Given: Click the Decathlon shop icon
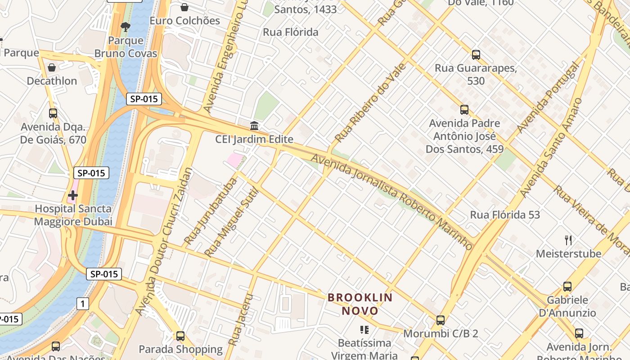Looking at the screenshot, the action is point(52,67).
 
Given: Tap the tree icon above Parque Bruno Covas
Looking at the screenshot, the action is point(126,27).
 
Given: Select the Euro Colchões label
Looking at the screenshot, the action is point(184,21).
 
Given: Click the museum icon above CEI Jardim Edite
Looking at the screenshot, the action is point(254,125).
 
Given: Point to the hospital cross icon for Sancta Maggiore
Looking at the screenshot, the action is point(72,195).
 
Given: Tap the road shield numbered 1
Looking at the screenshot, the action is point(82,304).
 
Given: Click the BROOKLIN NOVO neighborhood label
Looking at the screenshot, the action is point(360,304).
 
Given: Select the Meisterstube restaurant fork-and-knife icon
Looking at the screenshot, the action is point(568,240).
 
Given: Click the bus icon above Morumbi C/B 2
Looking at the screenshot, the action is point(441,320).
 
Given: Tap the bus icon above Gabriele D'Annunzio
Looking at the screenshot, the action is point(567,286).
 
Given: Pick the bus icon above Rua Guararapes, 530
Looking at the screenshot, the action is point(476,55).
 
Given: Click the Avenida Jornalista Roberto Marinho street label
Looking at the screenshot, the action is point(391,202).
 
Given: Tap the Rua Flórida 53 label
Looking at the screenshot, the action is point(505,215).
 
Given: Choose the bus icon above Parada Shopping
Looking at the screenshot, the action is point(180,336).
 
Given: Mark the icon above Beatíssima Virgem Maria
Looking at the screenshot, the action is point(364,330).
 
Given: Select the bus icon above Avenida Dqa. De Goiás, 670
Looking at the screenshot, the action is point(53,113).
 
